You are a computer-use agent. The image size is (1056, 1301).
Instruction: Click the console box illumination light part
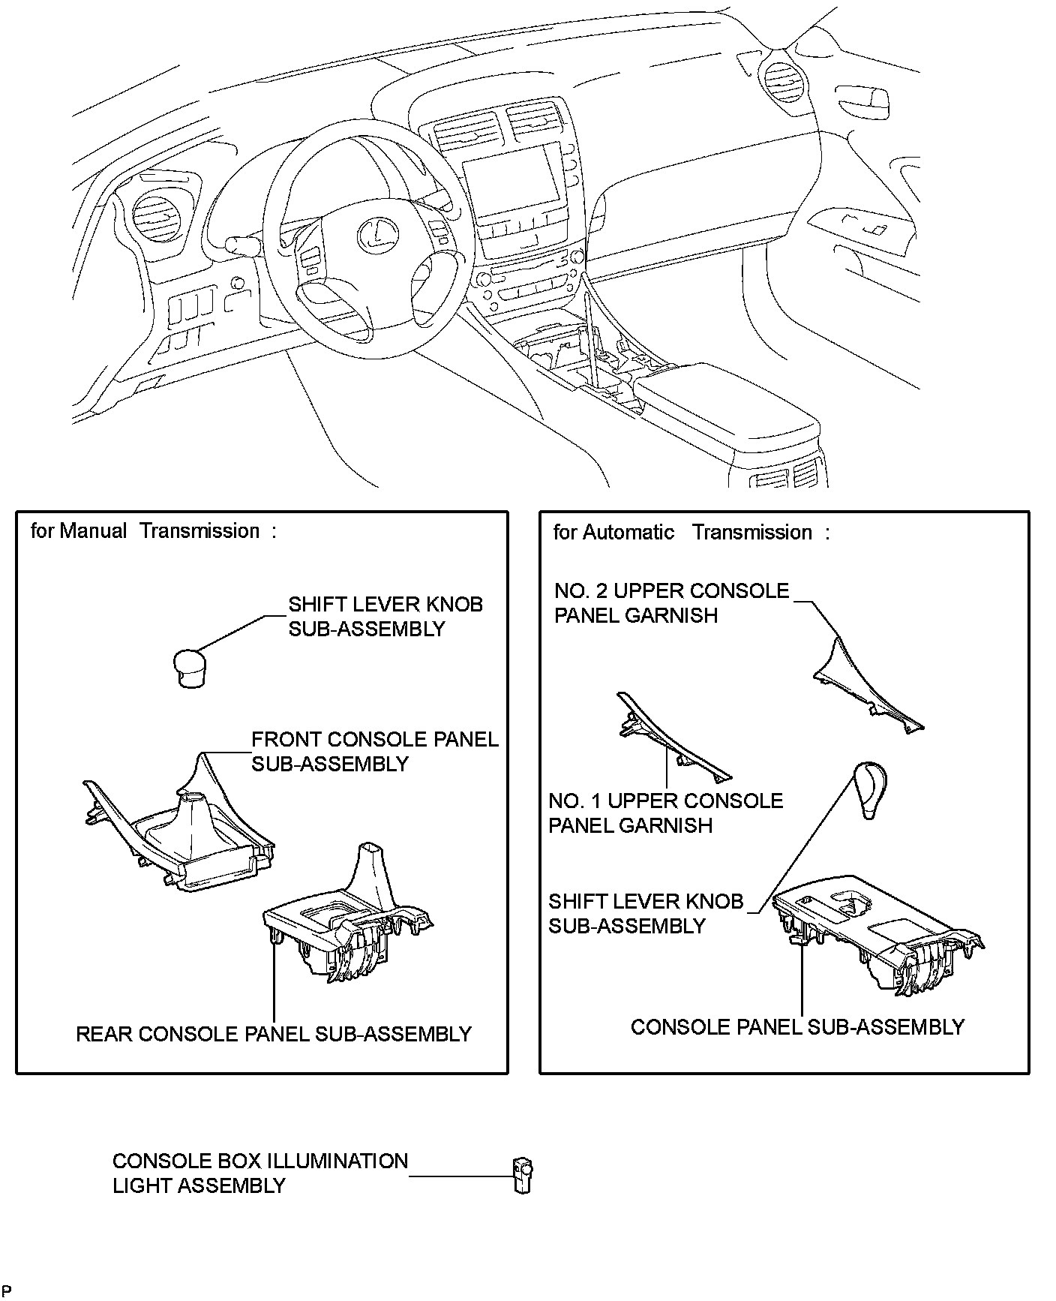click(x=523, y=1175)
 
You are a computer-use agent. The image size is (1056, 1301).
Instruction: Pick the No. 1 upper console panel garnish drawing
click(x=671, y=738)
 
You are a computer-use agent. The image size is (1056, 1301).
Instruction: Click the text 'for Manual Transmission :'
click(x=154, y=531)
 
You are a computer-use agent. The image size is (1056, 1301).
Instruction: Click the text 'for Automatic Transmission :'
click(x=691, y=533)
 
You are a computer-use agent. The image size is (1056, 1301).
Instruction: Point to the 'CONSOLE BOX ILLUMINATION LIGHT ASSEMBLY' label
click(x=260, y=1173)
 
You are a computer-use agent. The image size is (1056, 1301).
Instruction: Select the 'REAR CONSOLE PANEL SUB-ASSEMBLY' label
click(x=274, y=1034)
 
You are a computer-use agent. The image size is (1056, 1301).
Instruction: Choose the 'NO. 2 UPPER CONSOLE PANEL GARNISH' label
click(x=672, y=603)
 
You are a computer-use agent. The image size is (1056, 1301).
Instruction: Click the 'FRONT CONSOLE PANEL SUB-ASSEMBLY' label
click(x=375, y=752)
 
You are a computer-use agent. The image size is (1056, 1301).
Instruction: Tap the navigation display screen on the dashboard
click(x=513, y=180)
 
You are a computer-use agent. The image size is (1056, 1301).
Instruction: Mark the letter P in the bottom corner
click(x=7, y=1290)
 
